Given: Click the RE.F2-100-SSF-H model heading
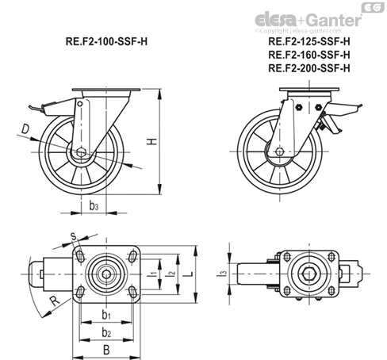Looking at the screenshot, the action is [x=106, y=42].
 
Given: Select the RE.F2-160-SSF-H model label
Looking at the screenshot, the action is [x=309, y=55].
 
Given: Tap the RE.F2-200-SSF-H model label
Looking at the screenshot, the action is [x=309, y=68].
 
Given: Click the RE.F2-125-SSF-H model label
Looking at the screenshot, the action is [x=309, y=41].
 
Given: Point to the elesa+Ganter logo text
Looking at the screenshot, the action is [x=308, y=20].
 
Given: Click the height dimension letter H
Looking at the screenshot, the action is [x=152, y=142].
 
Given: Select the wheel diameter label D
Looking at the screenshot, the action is [x=25, y=129].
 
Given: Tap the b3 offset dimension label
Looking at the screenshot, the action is [x=94, y=205].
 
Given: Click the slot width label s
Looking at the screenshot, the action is [x=74, y=236].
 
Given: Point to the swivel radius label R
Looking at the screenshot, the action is [x=55, y=301].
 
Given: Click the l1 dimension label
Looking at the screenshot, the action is [x=153, y=274].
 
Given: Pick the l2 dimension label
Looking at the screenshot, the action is [x=171, y=274].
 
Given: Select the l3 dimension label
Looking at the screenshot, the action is [x=223, y=274].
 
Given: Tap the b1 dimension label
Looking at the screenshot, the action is [x=106, y=315].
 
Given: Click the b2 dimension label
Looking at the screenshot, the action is [x=106, y=332].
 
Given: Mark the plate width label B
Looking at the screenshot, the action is [x=106, y=350].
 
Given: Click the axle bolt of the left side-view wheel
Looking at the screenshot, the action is [x=82, y=152].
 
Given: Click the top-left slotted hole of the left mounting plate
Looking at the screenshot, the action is [x=80, y=256].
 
